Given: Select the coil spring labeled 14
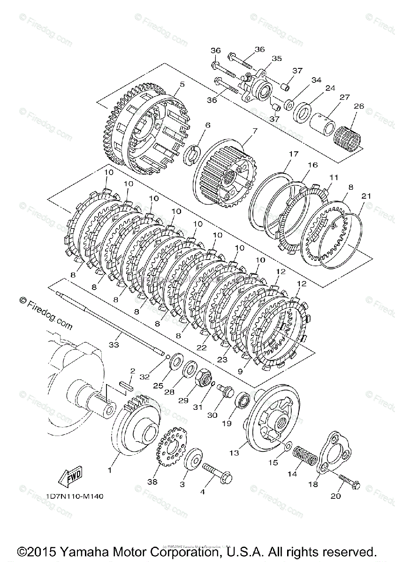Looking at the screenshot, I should tap(303, 454).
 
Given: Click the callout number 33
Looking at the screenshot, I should tap(114, 345).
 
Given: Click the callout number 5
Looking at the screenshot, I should tap(169, 85).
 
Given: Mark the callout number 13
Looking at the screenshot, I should tap(234, 453).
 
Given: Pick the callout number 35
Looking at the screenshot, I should tap(277, 59).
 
